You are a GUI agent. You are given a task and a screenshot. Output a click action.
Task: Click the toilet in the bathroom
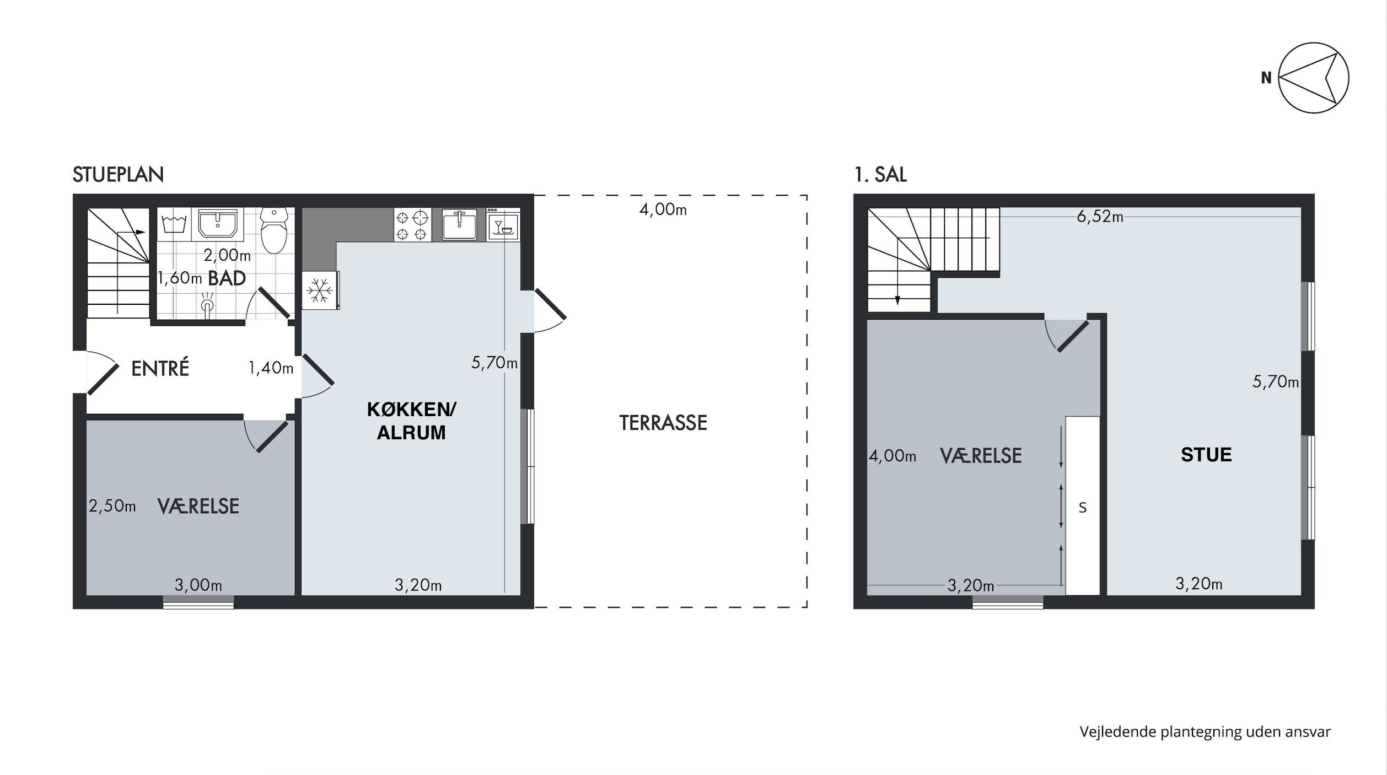[274, 230]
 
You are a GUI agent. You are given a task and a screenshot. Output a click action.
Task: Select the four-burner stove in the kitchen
[412, 224]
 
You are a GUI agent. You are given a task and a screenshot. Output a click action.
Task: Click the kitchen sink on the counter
[459, 224]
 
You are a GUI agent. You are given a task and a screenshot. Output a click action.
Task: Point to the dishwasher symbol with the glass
[503, 224]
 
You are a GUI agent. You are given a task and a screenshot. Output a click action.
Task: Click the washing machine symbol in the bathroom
[174, 224]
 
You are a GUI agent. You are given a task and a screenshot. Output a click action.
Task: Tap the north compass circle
[1313, 78]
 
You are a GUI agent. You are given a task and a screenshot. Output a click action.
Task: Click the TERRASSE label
[663, 423]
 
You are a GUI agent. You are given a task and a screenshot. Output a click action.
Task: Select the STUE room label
[1206, 455]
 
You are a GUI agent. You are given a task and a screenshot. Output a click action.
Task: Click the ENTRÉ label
[160, 368]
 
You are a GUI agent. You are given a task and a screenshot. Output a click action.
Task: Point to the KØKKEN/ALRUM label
[411, 421]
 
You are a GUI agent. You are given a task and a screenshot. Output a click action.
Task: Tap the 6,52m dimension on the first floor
[1100, 217]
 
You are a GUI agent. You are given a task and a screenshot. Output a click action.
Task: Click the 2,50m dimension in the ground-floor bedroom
[112, 506]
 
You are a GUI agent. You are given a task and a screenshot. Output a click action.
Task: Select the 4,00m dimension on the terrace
[663, 210]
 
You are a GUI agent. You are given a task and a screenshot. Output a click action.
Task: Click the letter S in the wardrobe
[1083, 508]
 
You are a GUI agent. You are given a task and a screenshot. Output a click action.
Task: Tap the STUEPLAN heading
[119, 175]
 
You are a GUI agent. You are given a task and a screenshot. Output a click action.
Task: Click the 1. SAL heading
[880, 175]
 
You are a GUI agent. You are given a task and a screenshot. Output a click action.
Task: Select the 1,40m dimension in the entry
[271, 368]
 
